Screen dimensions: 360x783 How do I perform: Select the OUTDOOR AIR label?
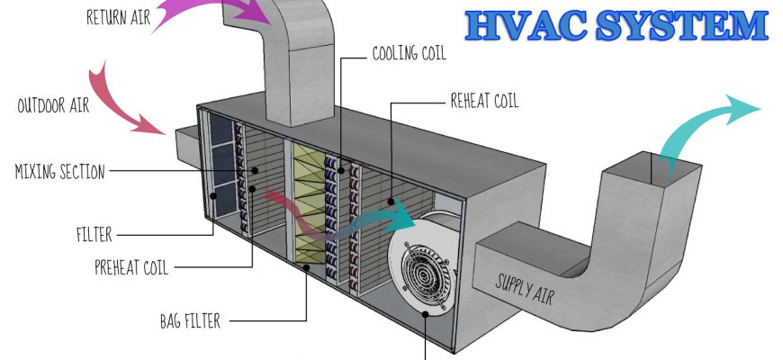click(x=53, y=106)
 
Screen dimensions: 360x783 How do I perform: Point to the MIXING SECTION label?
click(x=60, y=170)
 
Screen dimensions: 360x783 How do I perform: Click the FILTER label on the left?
click(x=94, y=236)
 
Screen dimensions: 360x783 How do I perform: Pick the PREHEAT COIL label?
click(x=131, y=266)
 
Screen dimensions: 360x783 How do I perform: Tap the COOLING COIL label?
click(x=409, y=53)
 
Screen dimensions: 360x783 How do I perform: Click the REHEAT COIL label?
click(x=484, y=101)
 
